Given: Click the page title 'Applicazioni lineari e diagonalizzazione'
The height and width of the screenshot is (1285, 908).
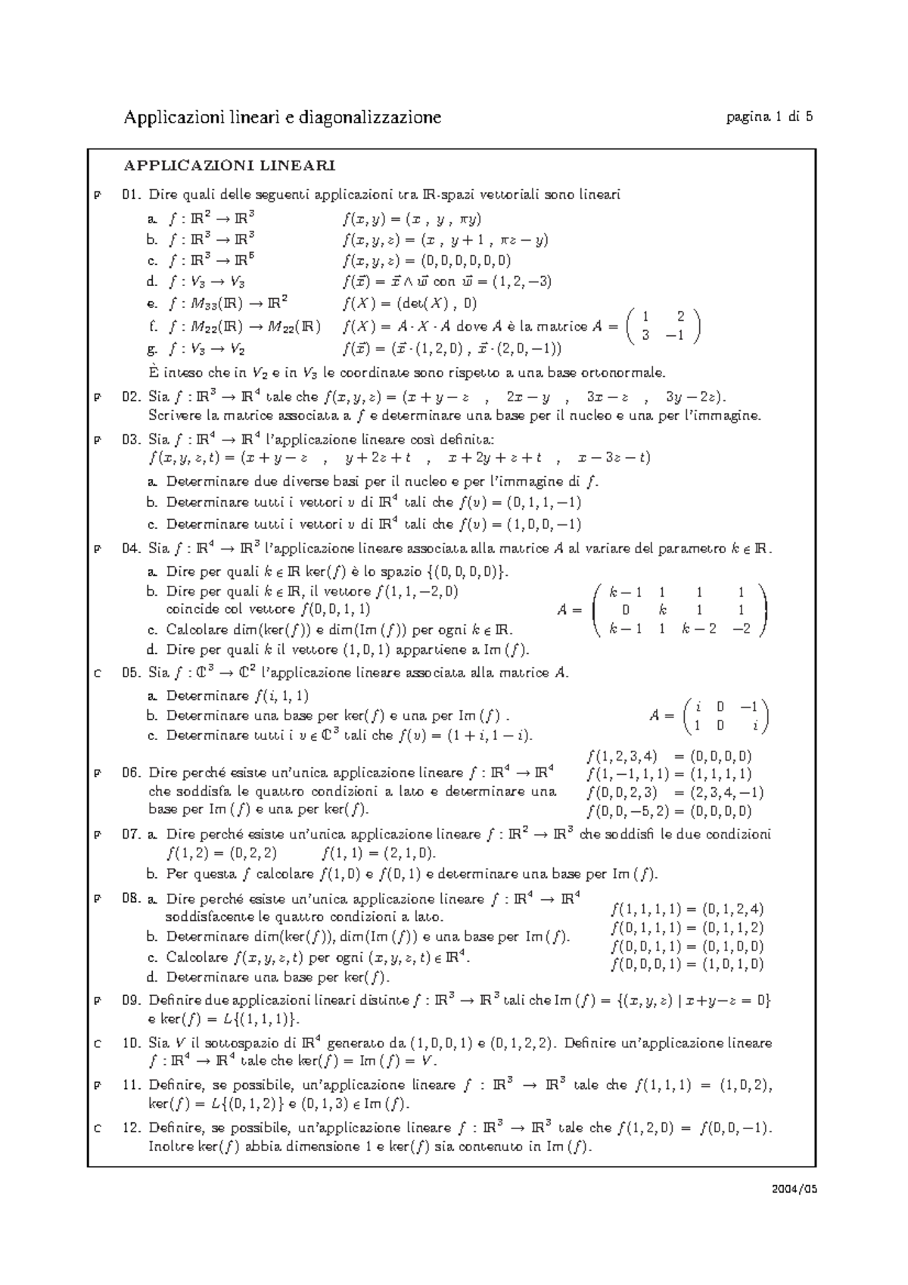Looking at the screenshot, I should pyautogui.click(x=282, y=117).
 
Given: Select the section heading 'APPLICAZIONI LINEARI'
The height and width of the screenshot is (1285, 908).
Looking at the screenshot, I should pyautogui.click(x=230, y=165).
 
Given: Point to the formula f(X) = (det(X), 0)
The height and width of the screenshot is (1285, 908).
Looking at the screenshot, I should pyautogui.click(x=409, y=304).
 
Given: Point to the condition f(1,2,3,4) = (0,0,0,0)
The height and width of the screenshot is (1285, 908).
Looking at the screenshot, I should pyautogui.click(x=669, y=756).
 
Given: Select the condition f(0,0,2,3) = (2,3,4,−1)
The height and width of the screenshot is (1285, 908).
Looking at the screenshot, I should pyautogui.click(x=675, y=793).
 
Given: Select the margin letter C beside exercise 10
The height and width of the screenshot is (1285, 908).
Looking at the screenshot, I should pyautogui.click(x=97, y=1044).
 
